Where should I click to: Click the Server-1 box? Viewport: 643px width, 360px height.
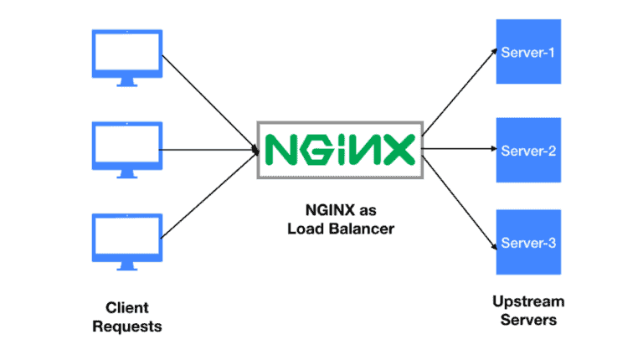coord(527,53)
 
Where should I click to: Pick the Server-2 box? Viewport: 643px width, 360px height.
coord(527,152)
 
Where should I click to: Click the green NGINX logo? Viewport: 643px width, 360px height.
coord(339,150)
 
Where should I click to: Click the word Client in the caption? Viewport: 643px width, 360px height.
coord(126,307)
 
